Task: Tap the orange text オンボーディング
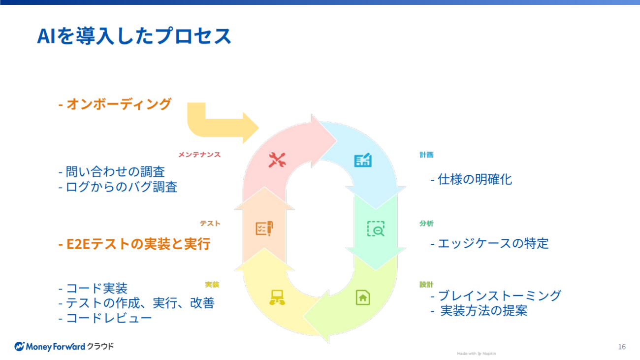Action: (115, 104)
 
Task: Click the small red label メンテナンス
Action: (199, 155)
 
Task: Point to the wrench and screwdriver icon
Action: (277, 160)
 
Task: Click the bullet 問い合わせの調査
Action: (112, 172)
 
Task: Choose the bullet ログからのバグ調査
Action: (118, 187)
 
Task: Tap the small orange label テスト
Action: (210, 224)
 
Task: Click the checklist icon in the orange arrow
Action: (264, 229)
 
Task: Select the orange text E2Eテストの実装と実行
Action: (134, 244)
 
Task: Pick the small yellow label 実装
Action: (212, 285)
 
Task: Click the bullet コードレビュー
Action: (105, 318)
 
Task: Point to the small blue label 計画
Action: (426, 155)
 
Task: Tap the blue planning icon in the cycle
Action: (363, 161)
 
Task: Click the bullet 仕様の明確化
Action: (471, 179)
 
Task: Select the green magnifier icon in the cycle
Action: (376, 229)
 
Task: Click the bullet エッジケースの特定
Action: (489, 243)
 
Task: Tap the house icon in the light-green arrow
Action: (363, 297)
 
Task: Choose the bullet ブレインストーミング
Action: (496, 295)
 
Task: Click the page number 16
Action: (622, 347)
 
